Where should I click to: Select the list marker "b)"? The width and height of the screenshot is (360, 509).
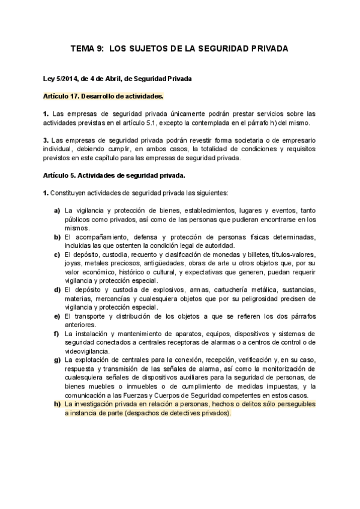click(57, 237)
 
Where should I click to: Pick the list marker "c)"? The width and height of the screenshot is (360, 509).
click(57, 254)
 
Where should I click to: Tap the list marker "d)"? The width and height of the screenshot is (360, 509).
click(57, 290)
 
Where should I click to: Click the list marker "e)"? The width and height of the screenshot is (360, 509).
click(57, 316)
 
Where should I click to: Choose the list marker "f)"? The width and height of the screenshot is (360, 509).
click(56, 334)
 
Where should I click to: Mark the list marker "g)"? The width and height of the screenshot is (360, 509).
click(57, 360)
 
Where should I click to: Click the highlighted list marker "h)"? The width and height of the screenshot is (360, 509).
click(57, 404)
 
